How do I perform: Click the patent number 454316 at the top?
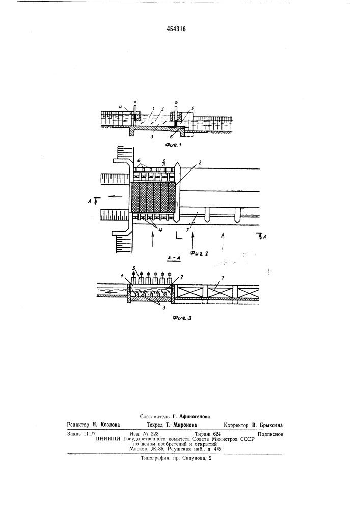click(176, 29)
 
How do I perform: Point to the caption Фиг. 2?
click(199, 253)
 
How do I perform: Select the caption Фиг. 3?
click(182, 318)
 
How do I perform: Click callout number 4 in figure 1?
click(120, 106)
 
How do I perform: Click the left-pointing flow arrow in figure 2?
click(116, 196)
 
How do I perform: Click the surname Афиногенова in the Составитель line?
click(195, 416)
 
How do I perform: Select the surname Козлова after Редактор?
click(109, 425)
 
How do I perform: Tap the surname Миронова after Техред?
click(186, 425)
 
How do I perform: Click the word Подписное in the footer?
click(270, 434)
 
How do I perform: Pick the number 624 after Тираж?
click(217, 434)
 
